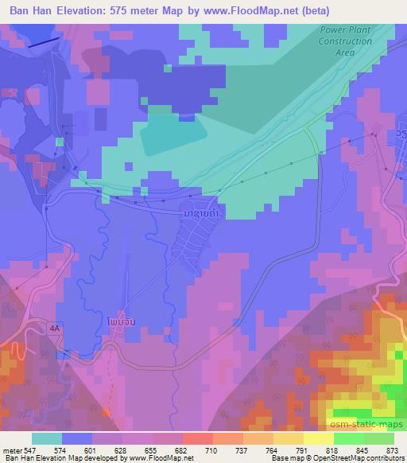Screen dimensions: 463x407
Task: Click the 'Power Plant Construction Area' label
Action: coord(345,41)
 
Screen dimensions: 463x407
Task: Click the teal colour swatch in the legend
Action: coord(47,438)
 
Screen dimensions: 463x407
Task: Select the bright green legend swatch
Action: coord(348,438)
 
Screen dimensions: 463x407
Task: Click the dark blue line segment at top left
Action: coord(43,43)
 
